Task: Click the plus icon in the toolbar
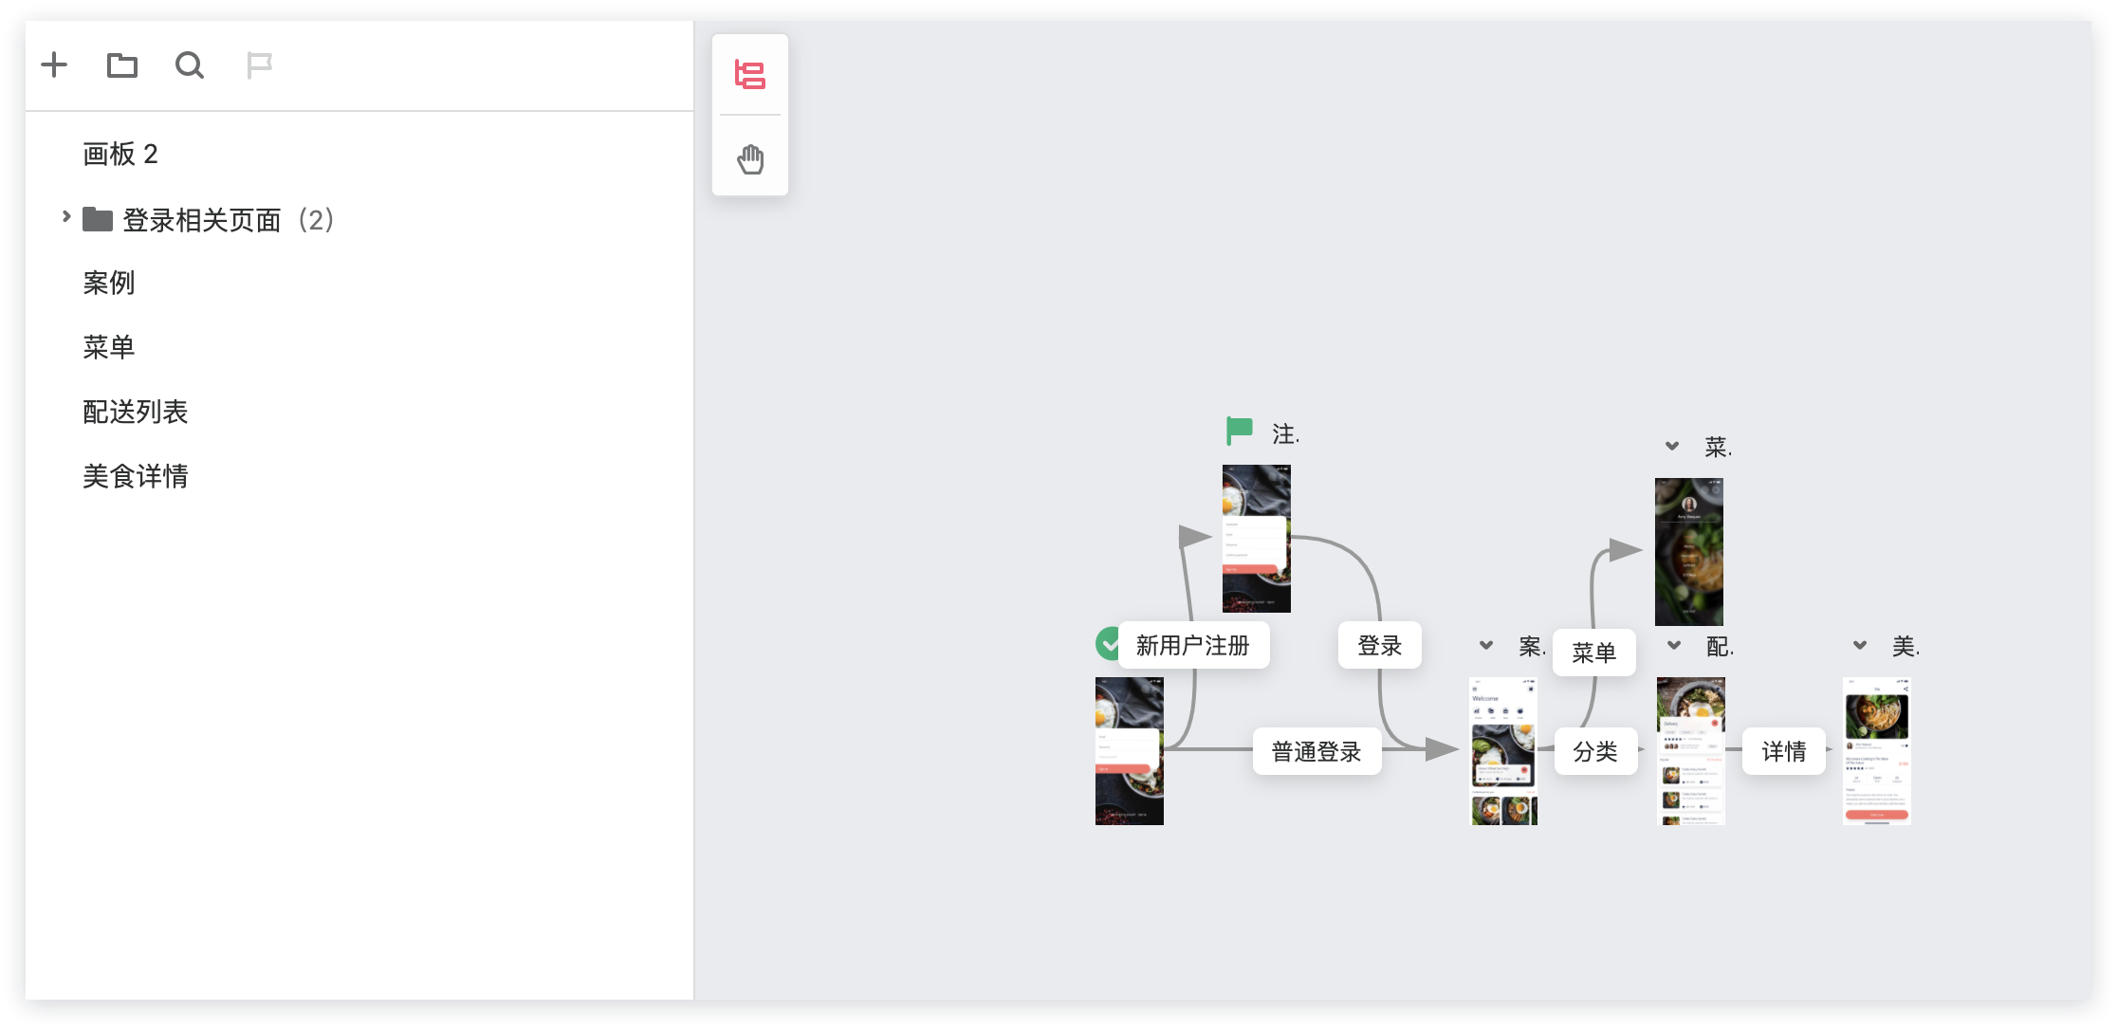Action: point(54,64)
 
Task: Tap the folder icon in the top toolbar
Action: point(122,64)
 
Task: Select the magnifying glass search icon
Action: point(190,64)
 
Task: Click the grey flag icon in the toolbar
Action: point(259,64)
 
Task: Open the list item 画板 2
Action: point(120,154)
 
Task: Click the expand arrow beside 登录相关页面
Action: point(65,217)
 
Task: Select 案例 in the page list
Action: point(109,283)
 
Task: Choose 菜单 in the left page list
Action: point(109,347)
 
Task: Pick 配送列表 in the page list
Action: point(136,412)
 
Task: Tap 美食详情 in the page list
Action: point(136,476)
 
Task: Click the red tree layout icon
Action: point(750,74)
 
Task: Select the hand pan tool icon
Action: point(750,158)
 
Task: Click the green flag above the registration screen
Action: point(1239,431)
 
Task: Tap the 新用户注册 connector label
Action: point(1193,646)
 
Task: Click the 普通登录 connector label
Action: point(1316,752)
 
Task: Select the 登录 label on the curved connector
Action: point(1380,646)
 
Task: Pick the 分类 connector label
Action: point(1595,752)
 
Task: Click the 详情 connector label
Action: point(1784,752)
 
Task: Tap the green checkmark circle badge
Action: point(1107,644)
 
